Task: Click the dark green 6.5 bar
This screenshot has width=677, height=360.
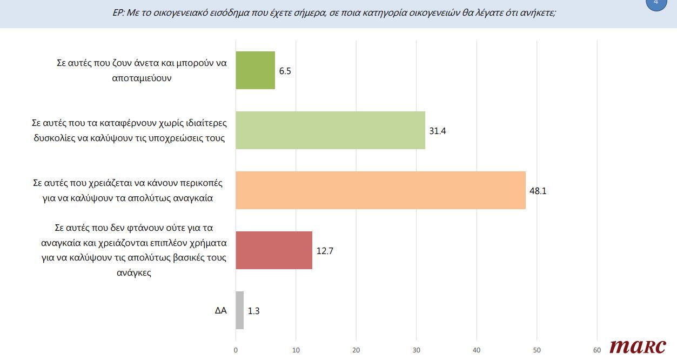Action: (256, 70)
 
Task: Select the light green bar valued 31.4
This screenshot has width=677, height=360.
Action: (331, 130)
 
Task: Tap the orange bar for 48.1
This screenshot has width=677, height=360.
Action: (381, 190)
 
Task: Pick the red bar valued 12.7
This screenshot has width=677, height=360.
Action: (274, 250)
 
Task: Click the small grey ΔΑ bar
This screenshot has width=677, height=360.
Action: (240, 310)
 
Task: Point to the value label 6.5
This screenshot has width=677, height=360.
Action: (286, 71)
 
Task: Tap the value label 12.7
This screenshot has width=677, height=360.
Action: (325, 251)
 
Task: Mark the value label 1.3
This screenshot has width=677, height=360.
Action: (254, 311)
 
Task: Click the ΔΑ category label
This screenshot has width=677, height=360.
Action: (220, 311)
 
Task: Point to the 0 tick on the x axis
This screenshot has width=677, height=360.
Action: (236, 350)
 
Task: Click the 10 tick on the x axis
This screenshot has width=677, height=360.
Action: (296, 350)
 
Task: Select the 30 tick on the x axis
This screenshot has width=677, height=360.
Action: (417, 350)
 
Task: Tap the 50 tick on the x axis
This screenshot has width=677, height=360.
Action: (537, 350)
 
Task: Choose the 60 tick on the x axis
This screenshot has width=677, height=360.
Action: (597, 350)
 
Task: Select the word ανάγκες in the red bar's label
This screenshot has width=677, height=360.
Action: (134, 273)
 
